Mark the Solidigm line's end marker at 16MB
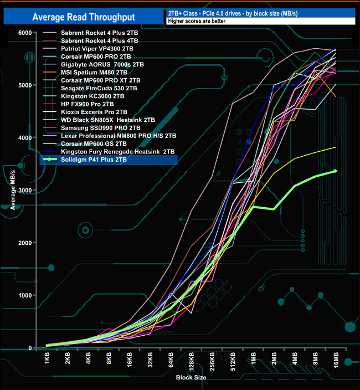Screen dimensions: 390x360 coord(335,171)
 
